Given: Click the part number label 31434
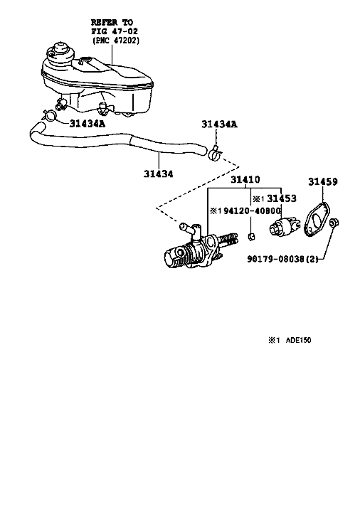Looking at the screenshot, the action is click(159, 174).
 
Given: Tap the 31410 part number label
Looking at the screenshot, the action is click(245, 179).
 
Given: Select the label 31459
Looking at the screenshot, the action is click(323, 181).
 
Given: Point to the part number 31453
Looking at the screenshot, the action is click(282, 198).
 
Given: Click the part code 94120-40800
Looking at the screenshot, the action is click(252, 211).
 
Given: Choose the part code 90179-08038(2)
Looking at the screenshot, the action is click(282, 259).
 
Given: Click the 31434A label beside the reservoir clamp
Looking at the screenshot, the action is click(88, 124).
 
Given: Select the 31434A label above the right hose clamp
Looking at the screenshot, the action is click(220, 124).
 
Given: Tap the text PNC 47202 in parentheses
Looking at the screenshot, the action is click(116, 41).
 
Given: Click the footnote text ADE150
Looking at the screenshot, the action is click(299, 340).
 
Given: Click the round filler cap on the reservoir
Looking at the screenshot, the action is click(60, 53).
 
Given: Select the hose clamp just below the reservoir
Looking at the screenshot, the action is click(49, 115).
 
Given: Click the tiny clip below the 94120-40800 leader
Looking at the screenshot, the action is click(251, 237).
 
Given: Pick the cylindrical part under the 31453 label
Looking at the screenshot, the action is click(283, 226).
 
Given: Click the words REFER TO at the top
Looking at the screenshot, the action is click(112, 23).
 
